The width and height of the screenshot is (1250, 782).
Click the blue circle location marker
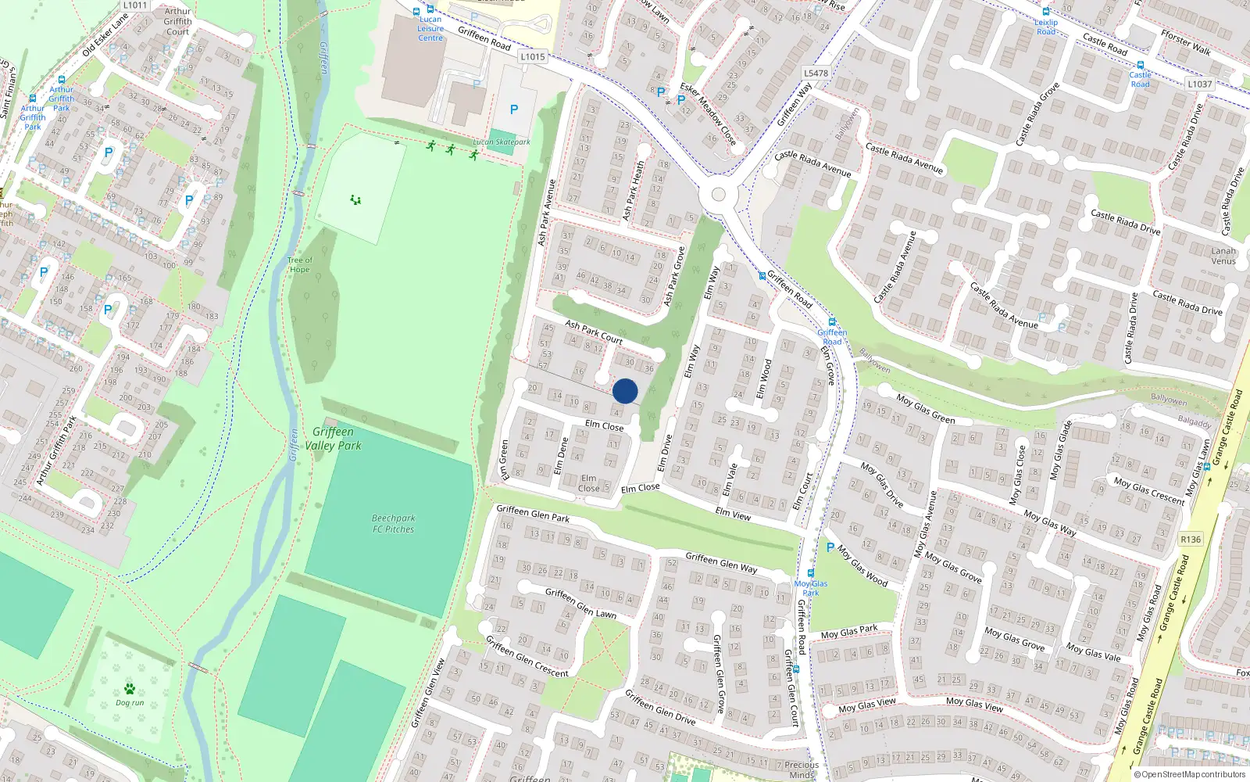(625, 391)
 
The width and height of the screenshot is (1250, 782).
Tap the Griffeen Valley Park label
(333, 439)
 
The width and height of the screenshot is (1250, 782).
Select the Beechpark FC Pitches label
(394, 524)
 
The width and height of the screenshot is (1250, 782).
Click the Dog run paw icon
(130, 689)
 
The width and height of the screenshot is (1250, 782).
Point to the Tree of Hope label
(299, 265)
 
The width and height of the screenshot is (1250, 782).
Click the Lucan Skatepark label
(502, 142)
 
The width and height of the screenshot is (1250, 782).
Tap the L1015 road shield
(532, 57)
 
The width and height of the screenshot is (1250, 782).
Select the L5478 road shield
(816, 74)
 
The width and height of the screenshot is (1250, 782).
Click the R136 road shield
(1191, 540)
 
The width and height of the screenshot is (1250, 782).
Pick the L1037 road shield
(1199, 84)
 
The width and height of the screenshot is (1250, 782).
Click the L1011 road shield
(135, 5)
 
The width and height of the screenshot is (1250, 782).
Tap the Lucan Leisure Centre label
(430, 28)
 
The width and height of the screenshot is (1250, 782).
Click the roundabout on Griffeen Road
(718, 195)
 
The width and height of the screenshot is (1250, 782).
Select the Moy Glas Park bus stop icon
(811, 573)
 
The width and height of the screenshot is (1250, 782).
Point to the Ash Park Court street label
(594, 332)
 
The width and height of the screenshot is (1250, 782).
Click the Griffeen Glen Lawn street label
(580, 604)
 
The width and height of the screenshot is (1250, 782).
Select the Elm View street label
(733, 514)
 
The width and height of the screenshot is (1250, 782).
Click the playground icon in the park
(356, 200)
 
